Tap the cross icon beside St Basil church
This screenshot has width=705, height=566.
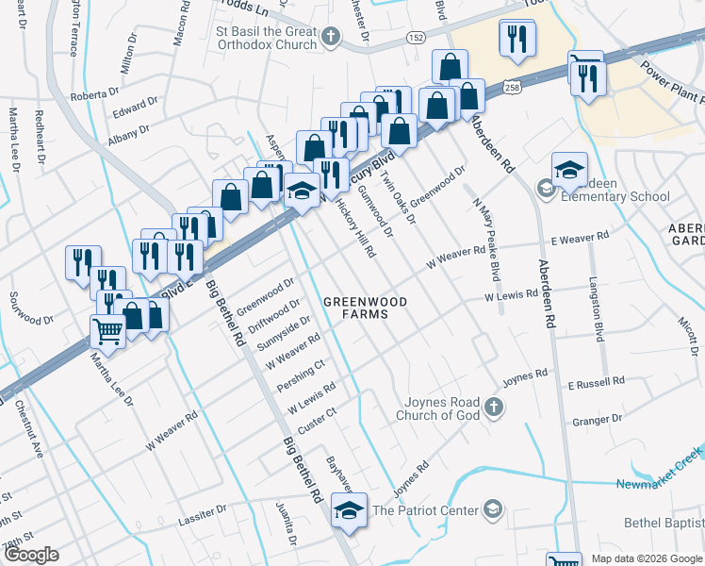click(x=330, y=37)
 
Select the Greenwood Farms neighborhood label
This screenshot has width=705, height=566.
click(x=365, y=308)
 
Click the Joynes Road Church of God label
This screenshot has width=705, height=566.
click(x=438, y=408)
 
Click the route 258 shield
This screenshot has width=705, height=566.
click(x=510, y=86)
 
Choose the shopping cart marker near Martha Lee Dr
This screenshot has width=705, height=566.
click(x=108, y=332)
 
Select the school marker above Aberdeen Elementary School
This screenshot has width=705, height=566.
click(x=568, y=170)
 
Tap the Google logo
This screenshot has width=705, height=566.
click(x=30, y=555)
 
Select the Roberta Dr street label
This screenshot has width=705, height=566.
click(x=94, y=94)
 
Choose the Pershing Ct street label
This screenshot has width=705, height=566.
click(x=301, y=375)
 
